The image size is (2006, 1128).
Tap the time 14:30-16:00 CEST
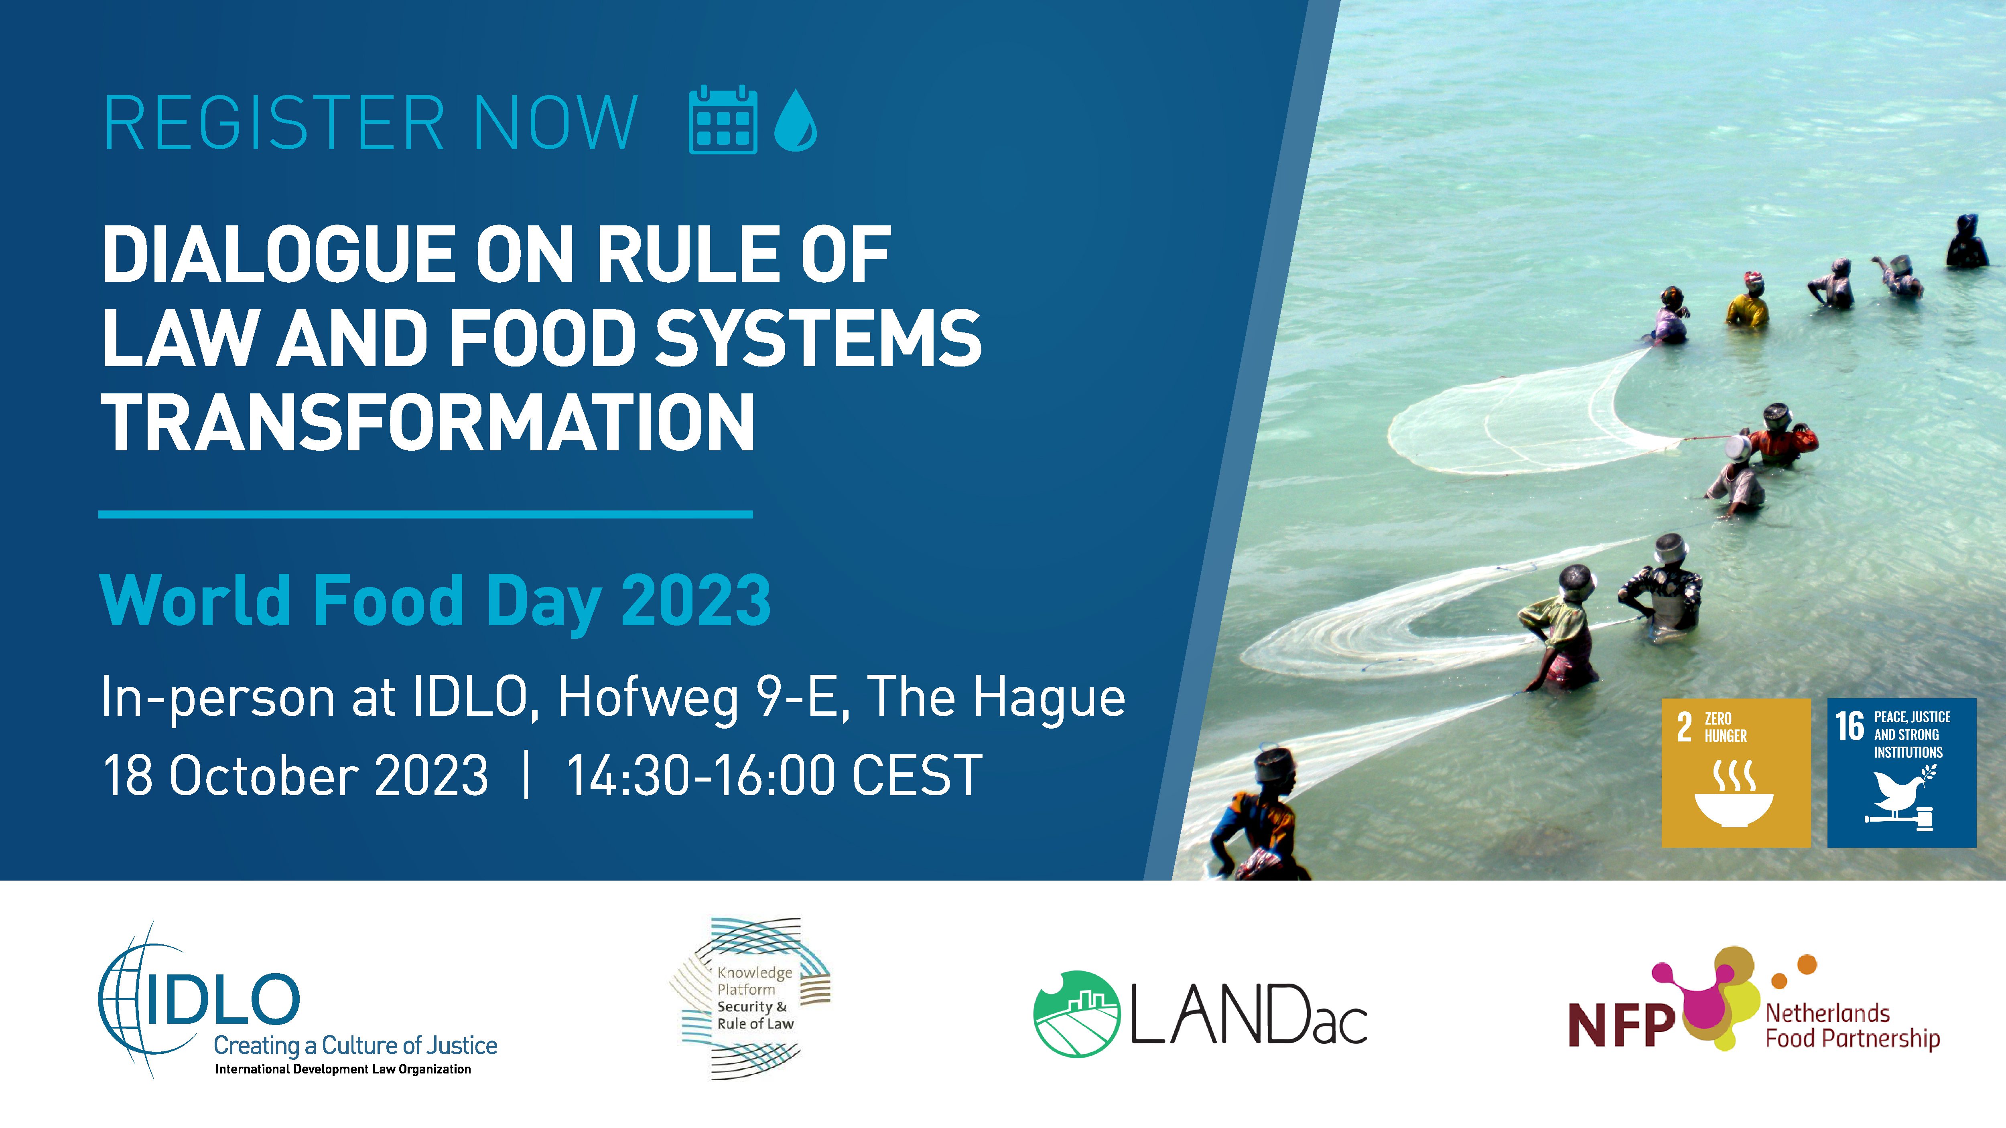click(x=774, y=776)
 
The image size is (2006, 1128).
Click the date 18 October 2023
click(x=296, y=776)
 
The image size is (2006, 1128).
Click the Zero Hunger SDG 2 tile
click(x=1736, y=772)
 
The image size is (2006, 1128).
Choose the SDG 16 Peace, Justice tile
click(x=1902, y=772)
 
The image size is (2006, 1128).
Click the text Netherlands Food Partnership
click(x=1852, y=1026)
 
